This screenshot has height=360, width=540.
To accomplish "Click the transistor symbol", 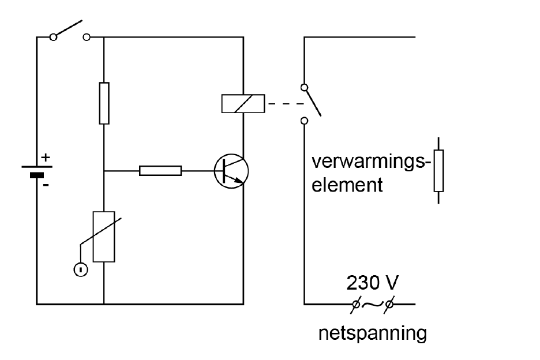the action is click(x=231, y=171).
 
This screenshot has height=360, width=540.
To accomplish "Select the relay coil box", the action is click(x=243, y=103).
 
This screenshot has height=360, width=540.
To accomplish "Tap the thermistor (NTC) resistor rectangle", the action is click(x=104, y=237).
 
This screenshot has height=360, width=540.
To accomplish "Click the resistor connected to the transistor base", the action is click(x=160, y=171).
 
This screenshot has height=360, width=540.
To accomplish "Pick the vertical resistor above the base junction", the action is click(x=104, y=103).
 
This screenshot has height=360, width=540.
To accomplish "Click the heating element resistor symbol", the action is click(x=438, y=171).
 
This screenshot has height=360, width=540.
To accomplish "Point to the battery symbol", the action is click(x=37, y=171).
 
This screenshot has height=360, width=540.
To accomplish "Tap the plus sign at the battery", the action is click(x=46, y=157).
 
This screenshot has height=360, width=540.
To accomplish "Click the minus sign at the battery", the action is click(x=46, y=185).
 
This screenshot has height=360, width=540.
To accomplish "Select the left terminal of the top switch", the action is click(x=53, y=37).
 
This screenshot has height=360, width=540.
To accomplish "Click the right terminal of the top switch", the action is click(x=87, y=37).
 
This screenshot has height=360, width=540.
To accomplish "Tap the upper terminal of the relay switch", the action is click(x=304, y=88).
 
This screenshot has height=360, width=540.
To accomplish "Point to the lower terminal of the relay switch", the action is click(x=304, y=121).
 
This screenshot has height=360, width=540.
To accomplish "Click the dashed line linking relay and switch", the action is click(x=286, y=104).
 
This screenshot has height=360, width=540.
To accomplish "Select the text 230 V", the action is click(x=372, y=283).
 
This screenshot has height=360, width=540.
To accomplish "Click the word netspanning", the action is click(x=372, y=333).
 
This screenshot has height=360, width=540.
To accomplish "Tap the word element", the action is click(x=347, y=185).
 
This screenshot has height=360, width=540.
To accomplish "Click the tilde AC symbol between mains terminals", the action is click(x=373, y=304).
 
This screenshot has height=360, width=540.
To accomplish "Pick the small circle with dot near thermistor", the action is click(x=81, y=269).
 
